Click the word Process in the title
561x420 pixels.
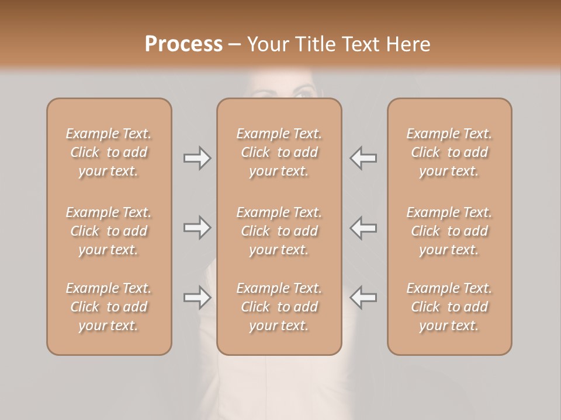tap(183, 44)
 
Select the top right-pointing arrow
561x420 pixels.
tap(197, 158)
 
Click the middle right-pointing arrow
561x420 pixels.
tap(197, 228)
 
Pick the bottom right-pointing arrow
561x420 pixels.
tap(197, 297)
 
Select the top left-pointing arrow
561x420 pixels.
tap(363, 158)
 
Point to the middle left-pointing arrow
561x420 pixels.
tap(363, 228)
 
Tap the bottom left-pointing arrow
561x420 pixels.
tap(363, 297)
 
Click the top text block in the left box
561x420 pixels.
tap(109, 152)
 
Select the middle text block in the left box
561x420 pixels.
tap(109, 231)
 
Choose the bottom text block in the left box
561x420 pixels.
tap(109, 307)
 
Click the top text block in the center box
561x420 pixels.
tap(279, 152)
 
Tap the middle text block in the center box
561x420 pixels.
tap(279, 231)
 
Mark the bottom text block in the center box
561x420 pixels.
tap(279, 307)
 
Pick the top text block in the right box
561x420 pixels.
tap(449, 152)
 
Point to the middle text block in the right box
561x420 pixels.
tap(449, 231)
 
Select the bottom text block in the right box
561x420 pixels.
tap(449, 307)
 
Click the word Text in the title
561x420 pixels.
tap(362, 44)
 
